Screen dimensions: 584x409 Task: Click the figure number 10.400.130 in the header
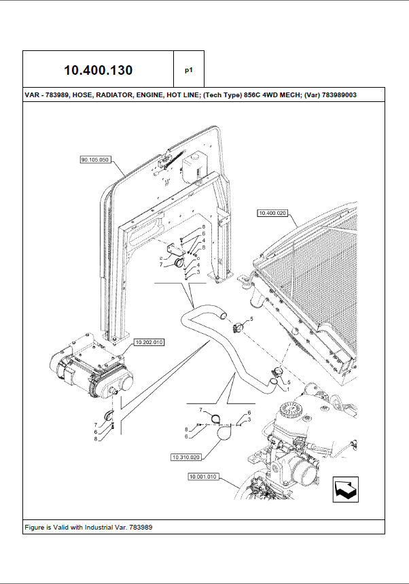pos(99,70)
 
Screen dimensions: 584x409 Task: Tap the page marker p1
pos(189,69)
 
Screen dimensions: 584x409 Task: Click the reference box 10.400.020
pos(273,213)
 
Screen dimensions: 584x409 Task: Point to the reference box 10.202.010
pos(149,342)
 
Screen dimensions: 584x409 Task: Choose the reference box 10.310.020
pos(186,457)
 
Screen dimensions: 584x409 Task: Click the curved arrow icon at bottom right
pos(346,489)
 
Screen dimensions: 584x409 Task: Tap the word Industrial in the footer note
pos(99,528)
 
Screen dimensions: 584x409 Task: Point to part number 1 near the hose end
pos(287,390)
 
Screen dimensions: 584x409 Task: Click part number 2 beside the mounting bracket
pos(160,259)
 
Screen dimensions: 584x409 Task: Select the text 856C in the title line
pos(242,95)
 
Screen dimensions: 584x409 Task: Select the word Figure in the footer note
pos(35,528)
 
